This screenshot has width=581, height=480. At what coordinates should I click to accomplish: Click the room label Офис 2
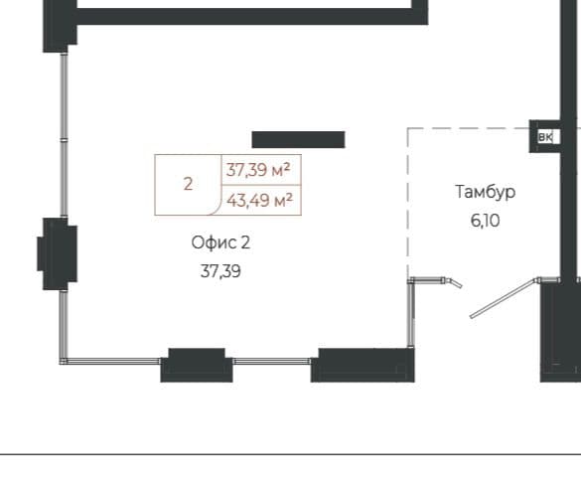220,242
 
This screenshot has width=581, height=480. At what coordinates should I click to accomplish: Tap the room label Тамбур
485,192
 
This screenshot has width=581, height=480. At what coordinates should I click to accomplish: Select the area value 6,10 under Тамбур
485,221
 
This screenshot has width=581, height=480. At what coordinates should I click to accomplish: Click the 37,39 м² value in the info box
258,170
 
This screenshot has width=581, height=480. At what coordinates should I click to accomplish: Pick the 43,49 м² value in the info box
260,201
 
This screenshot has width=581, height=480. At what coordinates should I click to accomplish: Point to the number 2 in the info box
189,184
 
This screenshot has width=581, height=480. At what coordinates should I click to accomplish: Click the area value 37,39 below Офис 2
220,271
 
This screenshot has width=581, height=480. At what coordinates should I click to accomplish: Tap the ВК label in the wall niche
545,137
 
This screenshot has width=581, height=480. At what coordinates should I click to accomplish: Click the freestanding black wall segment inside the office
298,140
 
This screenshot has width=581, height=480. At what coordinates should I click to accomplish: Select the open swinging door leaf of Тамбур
503,298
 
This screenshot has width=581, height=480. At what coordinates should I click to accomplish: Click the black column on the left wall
58,253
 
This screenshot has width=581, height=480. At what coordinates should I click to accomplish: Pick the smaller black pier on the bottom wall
197,365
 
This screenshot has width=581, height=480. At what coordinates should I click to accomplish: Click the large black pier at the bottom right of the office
363,365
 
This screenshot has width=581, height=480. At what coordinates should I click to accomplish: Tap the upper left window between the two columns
65,135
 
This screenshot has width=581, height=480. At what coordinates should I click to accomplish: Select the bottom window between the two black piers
271,361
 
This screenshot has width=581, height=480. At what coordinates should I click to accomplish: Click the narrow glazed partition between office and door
410,313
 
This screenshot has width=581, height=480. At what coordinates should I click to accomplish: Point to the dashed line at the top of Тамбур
469,128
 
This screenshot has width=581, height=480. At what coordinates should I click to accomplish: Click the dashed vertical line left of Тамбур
408,202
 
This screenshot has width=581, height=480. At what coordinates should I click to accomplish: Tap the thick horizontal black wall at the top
252,17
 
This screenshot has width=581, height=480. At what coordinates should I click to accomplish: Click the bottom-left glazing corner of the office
64,361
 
